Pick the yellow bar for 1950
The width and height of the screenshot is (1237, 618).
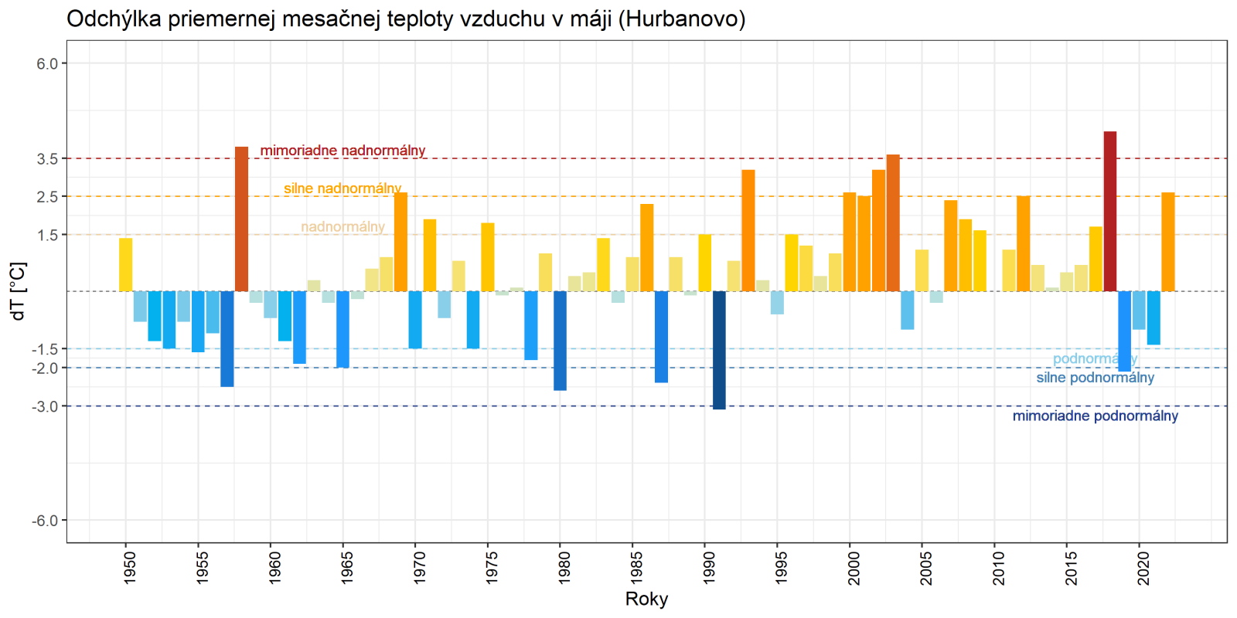click(125, 264)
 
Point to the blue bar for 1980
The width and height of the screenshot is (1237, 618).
click(560, 341)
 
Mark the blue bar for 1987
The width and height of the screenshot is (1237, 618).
click(661, 337)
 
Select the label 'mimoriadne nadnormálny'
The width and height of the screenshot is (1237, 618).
click(342, 151)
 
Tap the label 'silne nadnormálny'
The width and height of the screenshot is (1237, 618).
click(342, 188)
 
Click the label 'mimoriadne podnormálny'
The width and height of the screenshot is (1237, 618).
click(1095, 416)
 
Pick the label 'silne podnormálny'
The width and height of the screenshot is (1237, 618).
click(1095, 378)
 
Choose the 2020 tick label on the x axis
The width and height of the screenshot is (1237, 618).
click(1143, 567)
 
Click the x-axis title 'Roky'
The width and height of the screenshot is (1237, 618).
click(646, 599)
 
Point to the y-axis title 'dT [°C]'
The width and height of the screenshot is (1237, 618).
click(19, 291)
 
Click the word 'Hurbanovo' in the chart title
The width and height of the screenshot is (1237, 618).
click(681, 19)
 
